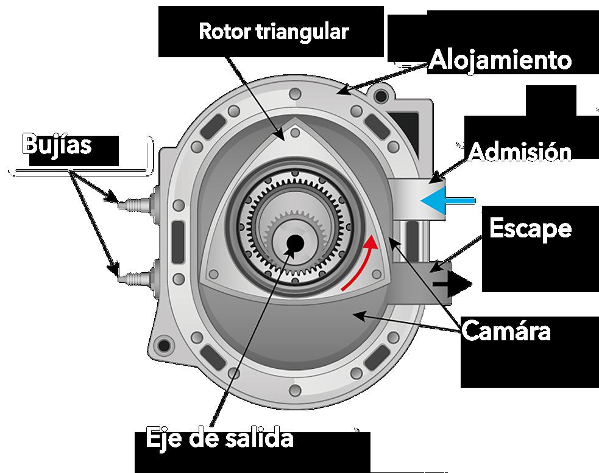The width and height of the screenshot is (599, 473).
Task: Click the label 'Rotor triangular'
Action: tap(274, 32)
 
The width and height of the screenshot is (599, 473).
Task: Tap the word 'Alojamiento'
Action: tap(500, 60)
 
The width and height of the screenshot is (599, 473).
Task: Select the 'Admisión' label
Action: tap(520, 152)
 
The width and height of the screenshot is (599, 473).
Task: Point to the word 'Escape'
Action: tap(531, 228)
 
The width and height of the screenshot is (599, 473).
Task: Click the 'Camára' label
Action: tap(506, 332)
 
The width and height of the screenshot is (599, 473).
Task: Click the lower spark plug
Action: tap(131, 278)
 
